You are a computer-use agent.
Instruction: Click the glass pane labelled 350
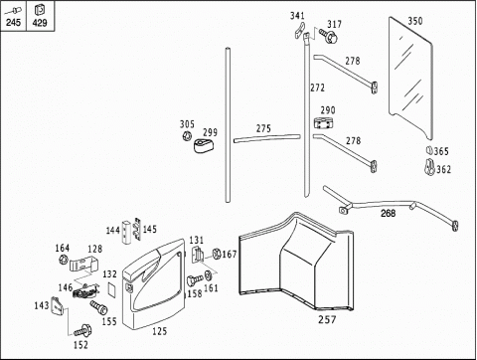tap(410, 78)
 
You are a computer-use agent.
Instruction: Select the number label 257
tap(327, 319)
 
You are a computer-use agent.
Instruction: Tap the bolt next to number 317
tap(328, 36)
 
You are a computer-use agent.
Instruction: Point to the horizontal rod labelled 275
tap(267, 138)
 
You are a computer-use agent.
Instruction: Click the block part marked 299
tap(203, 145)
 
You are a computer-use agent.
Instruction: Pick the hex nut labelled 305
tap(187, 135)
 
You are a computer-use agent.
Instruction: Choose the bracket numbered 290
tap(323, 122)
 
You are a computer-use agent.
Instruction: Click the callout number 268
tap(388, 213)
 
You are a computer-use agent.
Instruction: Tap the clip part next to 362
tap(429, 167)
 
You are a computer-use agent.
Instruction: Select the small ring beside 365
tap(429, 150)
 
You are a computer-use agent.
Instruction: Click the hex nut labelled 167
tap(217, 254)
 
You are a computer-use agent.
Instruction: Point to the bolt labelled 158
tap(195, 280)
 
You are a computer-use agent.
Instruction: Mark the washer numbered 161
tap(209, 275)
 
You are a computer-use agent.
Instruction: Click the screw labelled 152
tap(82, 330)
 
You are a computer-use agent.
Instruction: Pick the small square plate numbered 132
tap(112, 289)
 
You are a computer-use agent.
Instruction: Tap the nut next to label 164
tap(63, 260)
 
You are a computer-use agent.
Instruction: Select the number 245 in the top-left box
tap(13, 22)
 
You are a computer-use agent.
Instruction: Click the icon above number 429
tap(39, 10)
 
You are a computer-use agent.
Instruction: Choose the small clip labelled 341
tap(299, 30)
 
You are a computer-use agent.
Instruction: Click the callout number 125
tap(159, 331)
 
